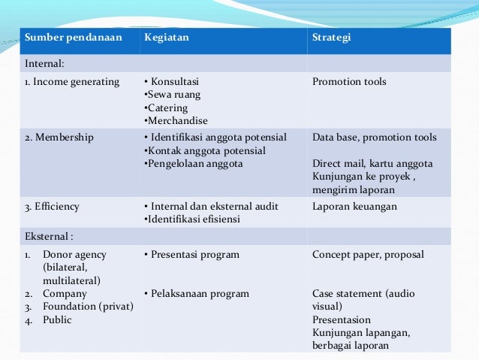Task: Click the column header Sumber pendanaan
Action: coord(73,38)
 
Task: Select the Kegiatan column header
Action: coord(167,38)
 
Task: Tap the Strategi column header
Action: coord(331,38)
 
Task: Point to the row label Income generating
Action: coord(72,82)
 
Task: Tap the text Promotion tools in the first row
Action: coord(349,82)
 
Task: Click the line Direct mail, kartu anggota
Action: coord(372,163)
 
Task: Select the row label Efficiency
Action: coord(53,206)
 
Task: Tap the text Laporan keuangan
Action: coord(355,206)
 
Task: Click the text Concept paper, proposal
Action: coord(368,255)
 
